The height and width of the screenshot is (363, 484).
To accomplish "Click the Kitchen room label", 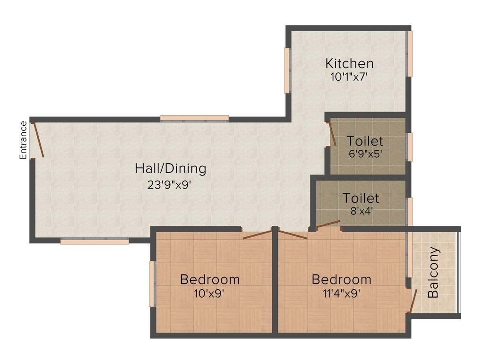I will click(x=349, y=63).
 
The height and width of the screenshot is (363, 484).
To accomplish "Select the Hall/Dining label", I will click(x=170, y=168).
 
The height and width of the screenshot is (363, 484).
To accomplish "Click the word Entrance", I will click(x=23, y=140).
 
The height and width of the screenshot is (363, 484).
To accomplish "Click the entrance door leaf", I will click(x=38, y=140).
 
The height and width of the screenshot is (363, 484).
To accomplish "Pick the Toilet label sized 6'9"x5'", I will click(x=364, y=141).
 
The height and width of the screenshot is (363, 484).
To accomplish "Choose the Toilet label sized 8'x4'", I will click(x=361, y=198).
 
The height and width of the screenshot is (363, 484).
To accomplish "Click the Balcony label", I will click(x=433, y=272).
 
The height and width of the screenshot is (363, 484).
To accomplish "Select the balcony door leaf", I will click(x=412, y=301).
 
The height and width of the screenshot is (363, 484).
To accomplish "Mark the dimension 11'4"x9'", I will click(x=341, y=293).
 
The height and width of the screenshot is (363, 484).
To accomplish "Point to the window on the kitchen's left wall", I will click(x=286, y=70).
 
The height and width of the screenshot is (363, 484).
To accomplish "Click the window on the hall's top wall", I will click(x=194, y=118).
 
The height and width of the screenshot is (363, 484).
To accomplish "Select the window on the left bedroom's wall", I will click(x=152, y=284).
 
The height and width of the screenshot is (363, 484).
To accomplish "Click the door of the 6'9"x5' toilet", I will click(x=332, y=134).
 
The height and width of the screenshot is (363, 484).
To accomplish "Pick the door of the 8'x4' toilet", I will click(x=328, y=224).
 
